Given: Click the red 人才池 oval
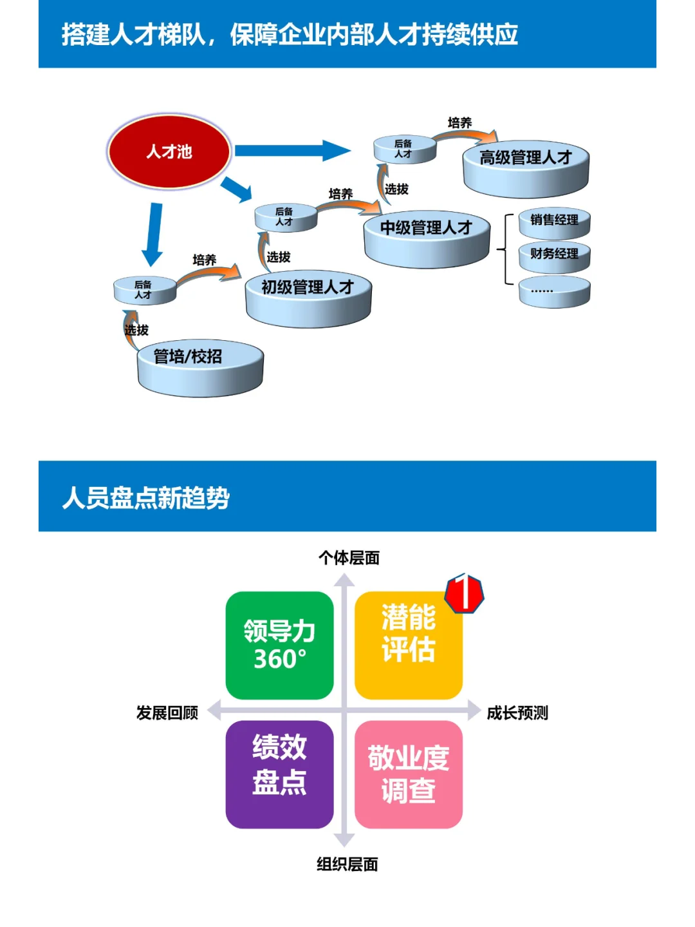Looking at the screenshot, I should click(169, 151).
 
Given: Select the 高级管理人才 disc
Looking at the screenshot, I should click(526, 168).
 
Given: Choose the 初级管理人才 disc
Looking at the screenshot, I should click(308, 298).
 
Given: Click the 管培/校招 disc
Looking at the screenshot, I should click(200, 367).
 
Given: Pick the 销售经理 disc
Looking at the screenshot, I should click(554, 224).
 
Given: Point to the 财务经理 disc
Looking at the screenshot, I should click(554, 256).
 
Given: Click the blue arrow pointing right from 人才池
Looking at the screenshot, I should click(293, 151).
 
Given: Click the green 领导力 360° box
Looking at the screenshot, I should click(279, 645).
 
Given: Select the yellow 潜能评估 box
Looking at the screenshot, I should click(408, 645).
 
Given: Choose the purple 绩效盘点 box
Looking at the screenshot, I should click(279, 774).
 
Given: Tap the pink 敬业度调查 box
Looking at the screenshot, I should click(408, 774).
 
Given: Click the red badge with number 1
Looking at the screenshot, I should click(465, 593).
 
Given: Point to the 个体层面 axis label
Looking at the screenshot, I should click(349, 558).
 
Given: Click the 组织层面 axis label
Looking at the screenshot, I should click(347, 865).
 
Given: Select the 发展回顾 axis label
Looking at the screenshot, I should click(167, 713).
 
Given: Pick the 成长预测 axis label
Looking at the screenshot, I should click(517, 713).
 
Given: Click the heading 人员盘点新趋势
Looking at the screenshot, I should click(146, 498).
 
